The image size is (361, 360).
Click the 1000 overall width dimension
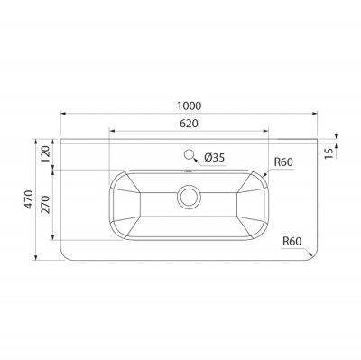[x=189, y=106]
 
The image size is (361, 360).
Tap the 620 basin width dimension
[x=189, y=124]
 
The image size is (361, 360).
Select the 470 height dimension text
[x=29, y=199]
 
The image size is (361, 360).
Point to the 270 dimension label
[x=45, y=205]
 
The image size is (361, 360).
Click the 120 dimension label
[x=45, y=153]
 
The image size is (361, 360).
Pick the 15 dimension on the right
[x=330, y=153]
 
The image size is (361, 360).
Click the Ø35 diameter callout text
[x=214, y=157]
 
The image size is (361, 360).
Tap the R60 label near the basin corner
[x=283, y=162]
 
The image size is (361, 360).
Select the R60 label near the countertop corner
[x=292, y=241]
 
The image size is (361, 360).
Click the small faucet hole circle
[x=189, y=154]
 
